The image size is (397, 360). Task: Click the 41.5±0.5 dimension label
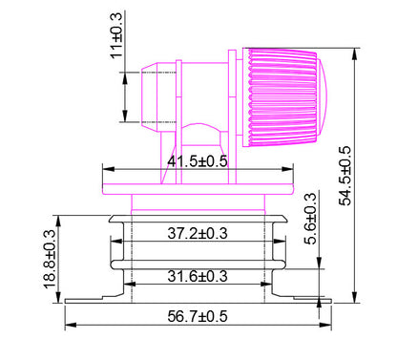[x=198, y=160]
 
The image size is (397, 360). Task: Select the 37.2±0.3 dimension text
[x=198, y=232]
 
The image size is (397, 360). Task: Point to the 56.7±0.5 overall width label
[x=198, y=315]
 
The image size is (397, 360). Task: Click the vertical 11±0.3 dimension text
[x=116, y=36]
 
